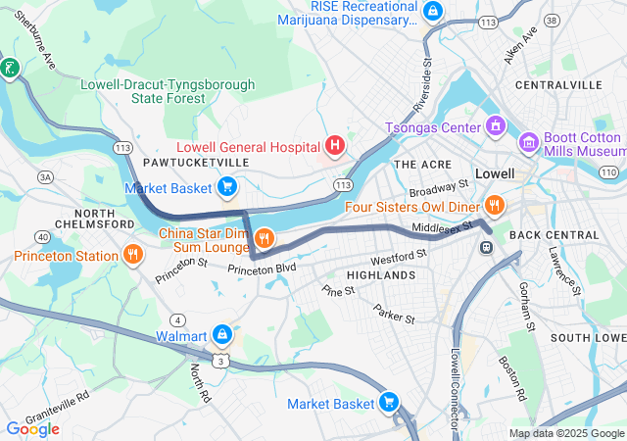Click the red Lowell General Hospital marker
coord(335,147)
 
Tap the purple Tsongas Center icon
coord(497,126)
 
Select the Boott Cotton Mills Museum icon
coord(529,144)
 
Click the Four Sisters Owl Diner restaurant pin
coord(494,206)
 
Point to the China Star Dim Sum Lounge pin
coord(264,237)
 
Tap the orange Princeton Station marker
coord(133,256)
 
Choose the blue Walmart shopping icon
coord(222,335)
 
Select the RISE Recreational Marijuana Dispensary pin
coord(433,11)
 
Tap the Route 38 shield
coord(553,20)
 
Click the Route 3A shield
coord(45,176)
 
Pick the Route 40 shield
coord(41,236)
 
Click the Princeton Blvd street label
coord(262,268)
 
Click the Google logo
coord(32,428)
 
